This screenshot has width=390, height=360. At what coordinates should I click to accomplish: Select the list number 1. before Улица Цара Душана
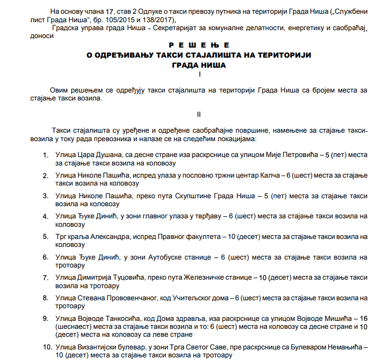[46, 155]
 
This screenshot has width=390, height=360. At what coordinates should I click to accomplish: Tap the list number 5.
[46, 236]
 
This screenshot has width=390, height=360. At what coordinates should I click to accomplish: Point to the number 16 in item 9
[363, 318]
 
